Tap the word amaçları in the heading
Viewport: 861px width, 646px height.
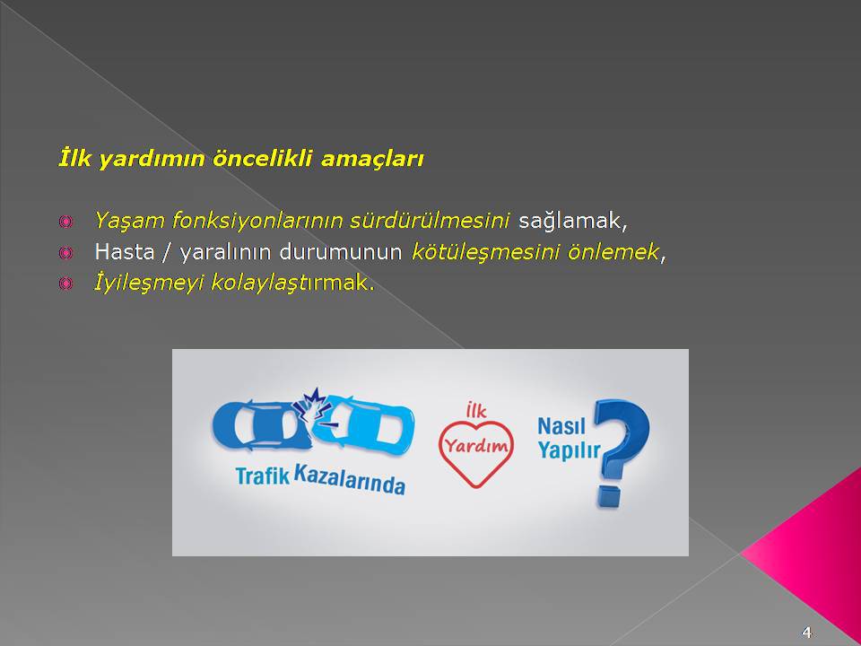coord(372,160)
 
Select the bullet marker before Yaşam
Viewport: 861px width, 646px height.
coord(65,222)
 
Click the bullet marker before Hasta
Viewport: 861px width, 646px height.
coord(65,253)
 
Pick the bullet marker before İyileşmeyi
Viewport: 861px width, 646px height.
coord(65,284)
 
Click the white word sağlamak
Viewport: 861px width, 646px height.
coord(573,221)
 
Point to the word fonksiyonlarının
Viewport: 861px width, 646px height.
coord(257,221)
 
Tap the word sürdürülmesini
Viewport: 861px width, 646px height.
coord(430,220)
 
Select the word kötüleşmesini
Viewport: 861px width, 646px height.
coord(485,252)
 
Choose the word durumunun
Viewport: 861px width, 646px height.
coord(341,251)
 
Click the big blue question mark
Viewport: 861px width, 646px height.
coord(622,451)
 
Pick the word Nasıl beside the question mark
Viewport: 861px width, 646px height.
coord(561,426)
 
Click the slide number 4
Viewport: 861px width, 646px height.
coord(806,631)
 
